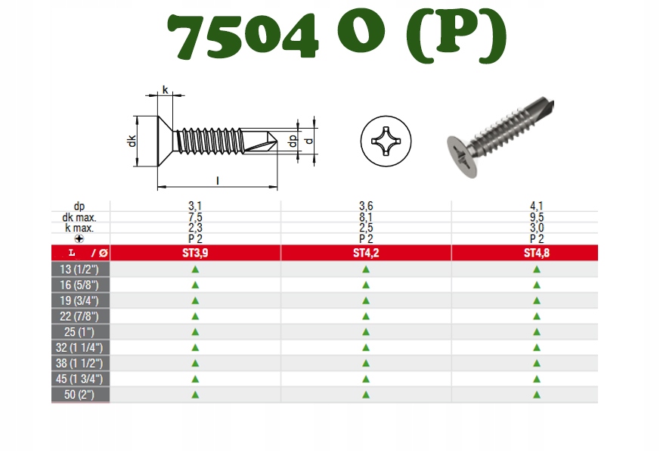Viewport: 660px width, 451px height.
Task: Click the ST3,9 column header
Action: click(195, 253)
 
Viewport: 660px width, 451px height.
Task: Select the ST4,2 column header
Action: click(366, 253)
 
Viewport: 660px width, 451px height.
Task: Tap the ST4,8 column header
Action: click(537, 253)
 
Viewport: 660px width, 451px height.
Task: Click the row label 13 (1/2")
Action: click(79, 269)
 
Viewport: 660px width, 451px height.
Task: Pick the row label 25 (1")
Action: click(79, 332)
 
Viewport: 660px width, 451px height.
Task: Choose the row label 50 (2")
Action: click(79, 395)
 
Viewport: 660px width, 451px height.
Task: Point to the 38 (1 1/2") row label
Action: click(79, 363)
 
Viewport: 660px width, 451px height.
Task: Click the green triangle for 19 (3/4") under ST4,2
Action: click(366, 301)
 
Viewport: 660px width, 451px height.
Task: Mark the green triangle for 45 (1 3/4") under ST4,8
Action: click(537, 379)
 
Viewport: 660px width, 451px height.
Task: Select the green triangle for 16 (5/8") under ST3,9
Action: click(195, 285)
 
